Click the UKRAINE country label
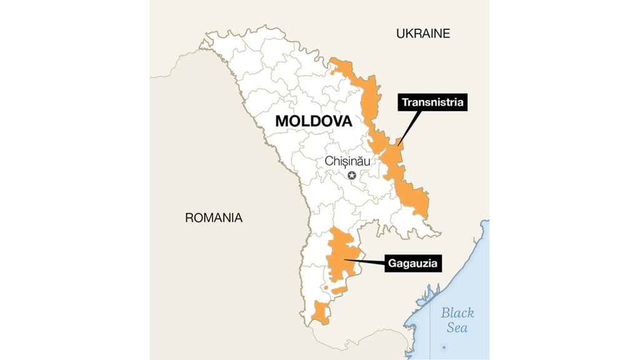[422, 34]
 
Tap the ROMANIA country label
[213, 218]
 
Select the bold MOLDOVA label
[313, 121]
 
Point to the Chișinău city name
[347, 161]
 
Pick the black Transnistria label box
[434, 102]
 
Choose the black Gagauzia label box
[413, 263]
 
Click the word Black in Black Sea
[457, 313]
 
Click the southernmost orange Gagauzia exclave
[321, 312]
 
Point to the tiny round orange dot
[325, 288]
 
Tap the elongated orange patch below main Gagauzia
[339, 290]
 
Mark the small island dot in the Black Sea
[444, 346]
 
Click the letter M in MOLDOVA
[282, 121]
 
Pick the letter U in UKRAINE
[401, 34]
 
